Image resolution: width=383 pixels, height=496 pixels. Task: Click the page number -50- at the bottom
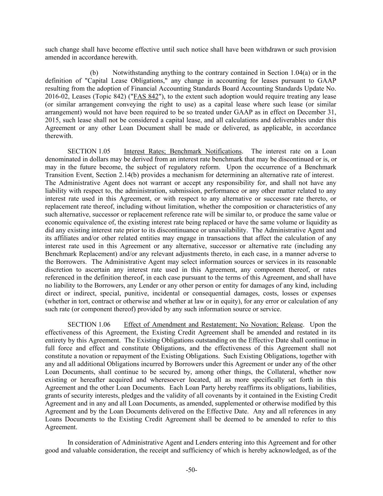click(191, 470)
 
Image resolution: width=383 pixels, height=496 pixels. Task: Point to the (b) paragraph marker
click(94, 73)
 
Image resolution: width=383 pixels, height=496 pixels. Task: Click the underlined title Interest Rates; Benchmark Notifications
click(183, 151)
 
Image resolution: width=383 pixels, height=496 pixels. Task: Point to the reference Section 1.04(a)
click(288, 73)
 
